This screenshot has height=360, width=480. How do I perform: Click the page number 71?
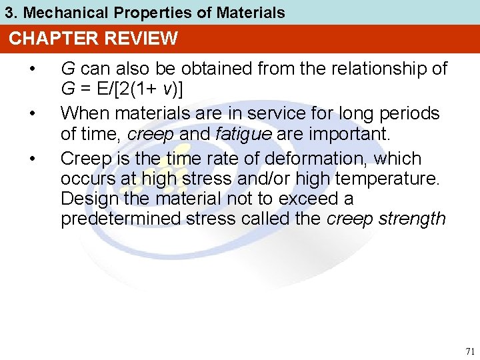point(469,351)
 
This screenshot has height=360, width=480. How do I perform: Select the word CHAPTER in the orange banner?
point(46,39)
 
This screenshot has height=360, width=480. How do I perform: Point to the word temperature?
point(397,179)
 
